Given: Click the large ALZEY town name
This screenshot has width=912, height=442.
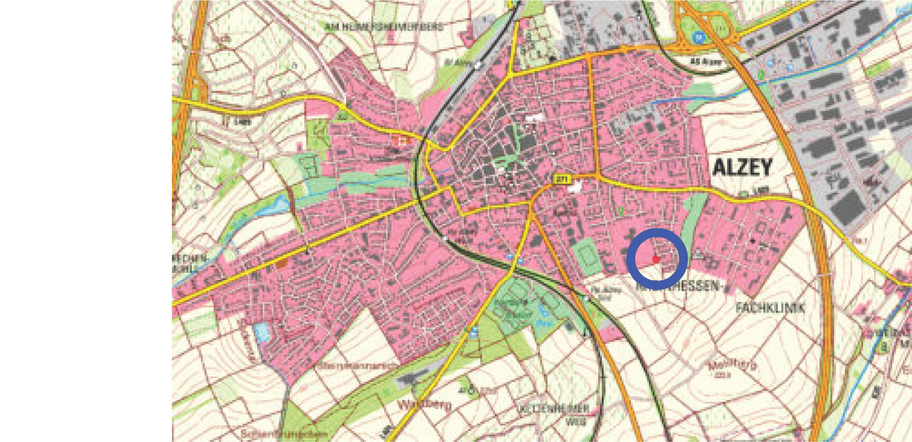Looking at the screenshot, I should [x=742, y=167].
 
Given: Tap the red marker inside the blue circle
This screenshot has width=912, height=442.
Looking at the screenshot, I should [x=656, y=259].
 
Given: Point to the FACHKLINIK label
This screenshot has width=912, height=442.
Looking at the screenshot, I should [x=770, y=307].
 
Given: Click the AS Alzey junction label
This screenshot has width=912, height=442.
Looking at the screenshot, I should [x=706, y=62].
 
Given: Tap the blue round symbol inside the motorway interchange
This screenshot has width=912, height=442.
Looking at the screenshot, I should [x=699, y=38].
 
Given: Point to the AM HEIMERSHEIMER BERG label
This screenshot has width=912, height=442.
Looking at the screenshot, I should [x=384, y=27].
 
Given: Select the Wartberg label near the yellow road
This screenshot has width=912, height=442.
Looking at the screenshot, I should [x=424, y=405].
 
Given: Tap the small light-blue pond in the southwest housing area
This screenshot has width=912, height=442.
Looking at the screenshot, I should [x=261, y=332].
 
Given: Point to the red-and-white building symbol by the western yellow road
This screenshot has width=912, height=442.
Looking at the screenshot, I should [x=401, y=140].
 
